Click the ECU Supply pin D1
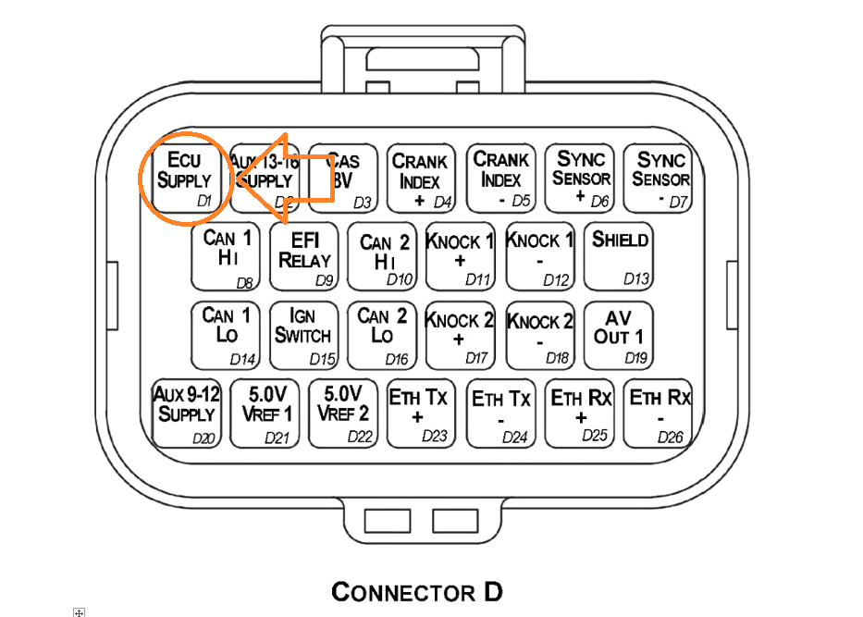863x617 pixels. pyautogui.click(x=185, y=178)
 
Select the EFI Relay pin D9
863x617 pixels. pyautogui.click(x=304, y=256)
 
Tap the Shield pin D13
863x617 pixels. pyautogui.click(x=619, y=256)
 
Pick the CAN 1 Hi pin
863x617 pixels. pyautogui.click(x=226, y=256)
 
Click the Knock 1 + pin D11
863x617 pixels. pyautogui.click(x=461, y=256)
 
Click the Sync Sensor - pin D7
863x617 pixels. pyautogui.click(x=659, y=178)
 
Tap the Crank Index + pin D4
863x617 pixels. pyautogui.click(x=422, y=178)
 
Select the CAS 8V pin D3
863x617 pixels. pyautogui.click(x=343, y=178)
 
